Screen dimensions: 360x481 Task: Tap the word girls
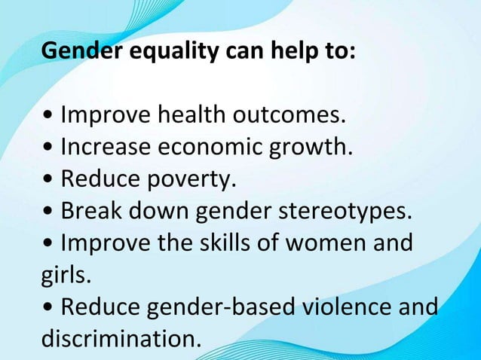pyautogui.click(x=66, y=276)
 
